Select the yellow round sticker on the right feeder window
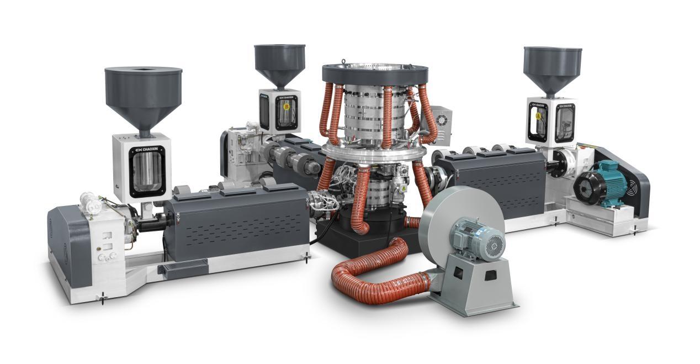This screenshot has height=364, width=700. coord(535,117)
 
